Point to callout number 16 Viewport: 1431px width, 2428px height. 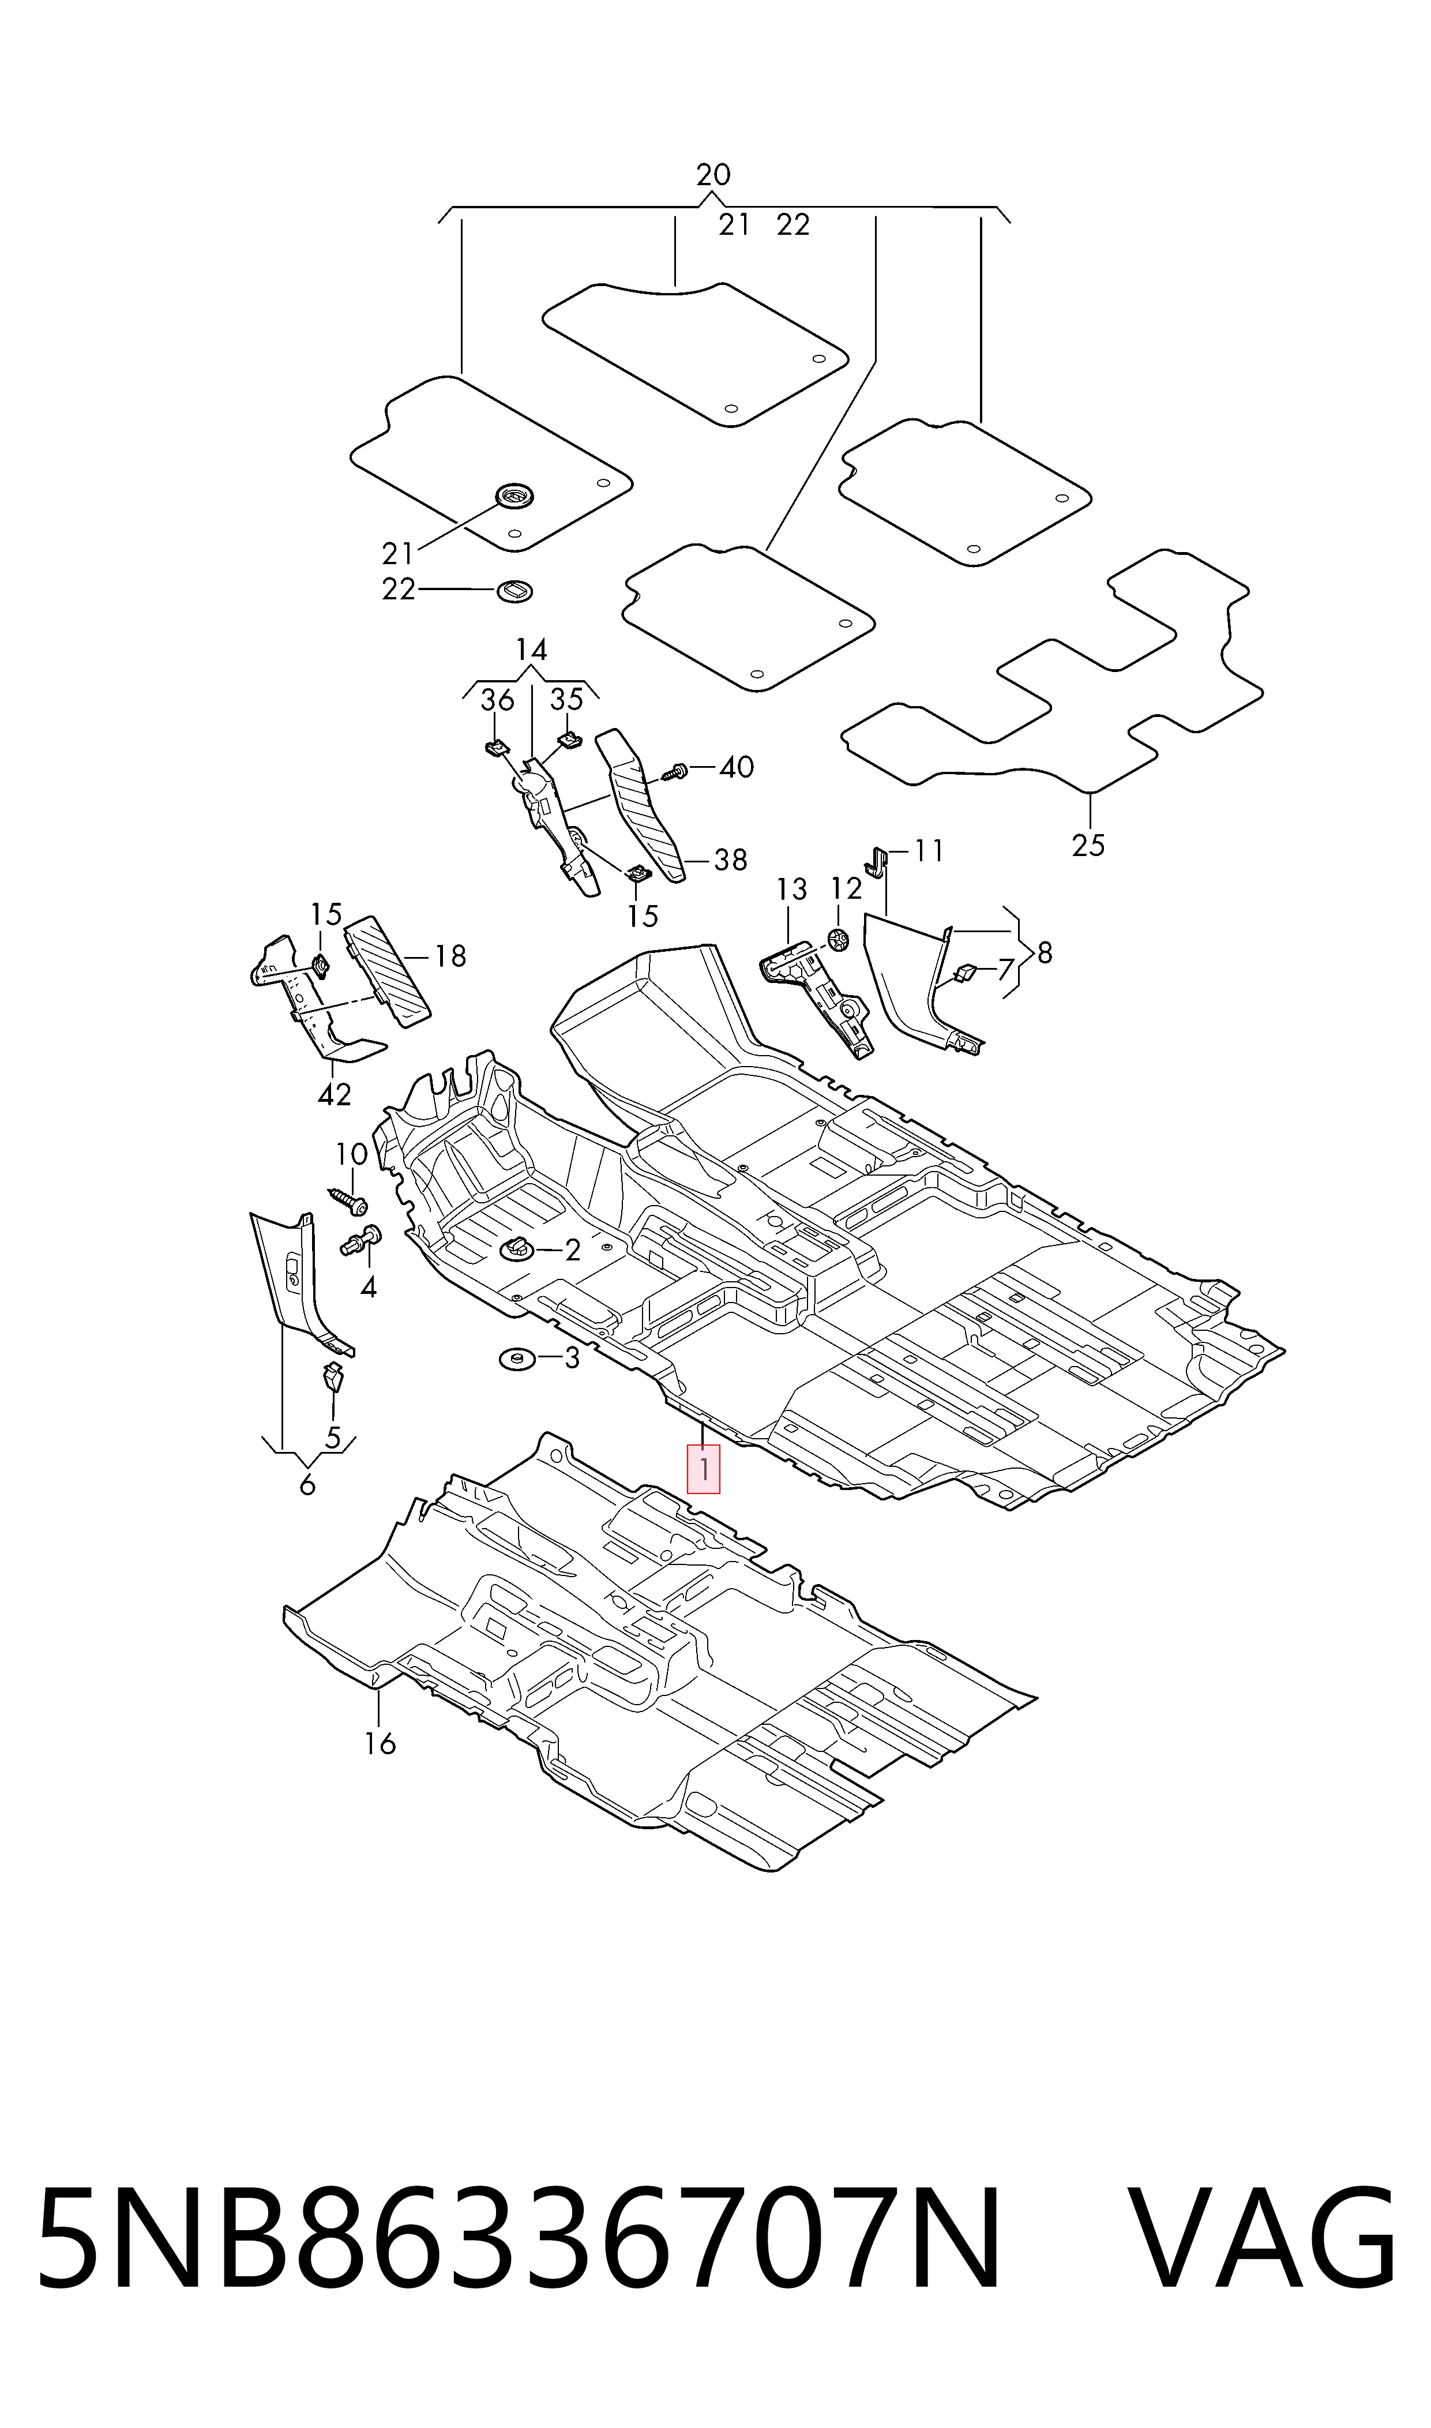tap(380, 1743)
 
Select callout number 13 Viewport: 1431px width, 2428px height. tap(792, 889)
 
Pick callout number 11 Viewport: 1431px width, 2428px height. tap(929, 850)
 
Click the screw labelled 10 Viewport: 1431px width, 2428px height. tap(348, 1199)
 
